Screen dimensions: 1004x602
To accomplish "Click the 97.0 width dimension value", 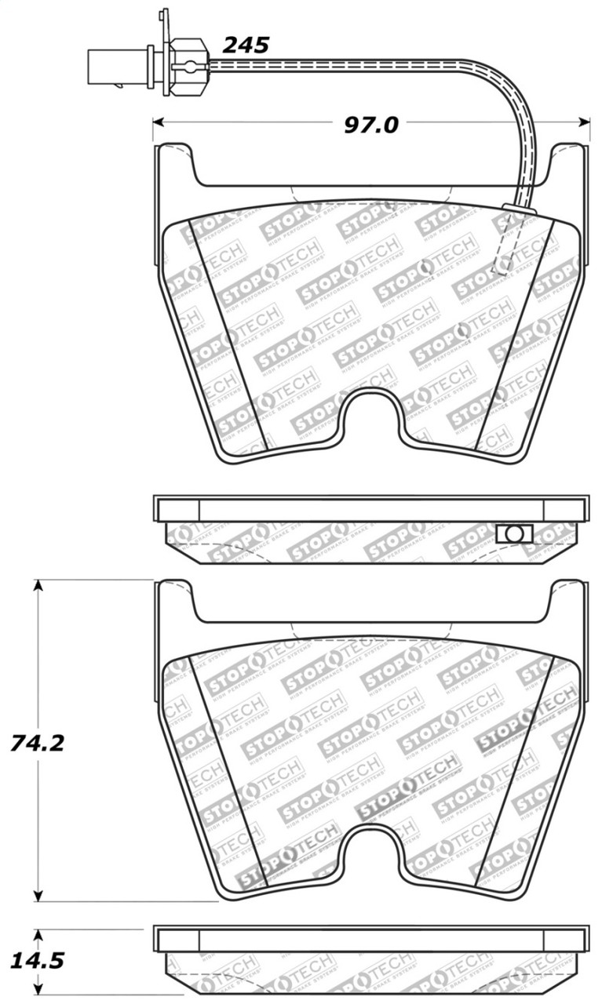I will click(x=371, y=124).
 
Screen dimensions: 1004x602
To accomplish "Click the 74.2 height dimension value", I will click(x=37, y=742).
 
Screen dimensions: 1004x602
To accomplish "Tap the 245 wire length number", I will click(x=246, y=45).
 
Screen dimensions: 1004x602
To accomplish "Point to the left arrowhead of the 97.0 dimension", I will click(x=157, y=122).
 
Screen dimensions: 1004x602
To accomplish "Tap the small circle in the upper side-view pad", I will click(x=514, y=533).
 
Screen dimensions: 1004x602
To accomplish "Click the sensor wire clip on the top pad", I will click(x=519, y=209).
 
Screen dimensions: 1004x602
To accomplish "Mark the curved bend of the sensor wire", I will click(x=514, y=86).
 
